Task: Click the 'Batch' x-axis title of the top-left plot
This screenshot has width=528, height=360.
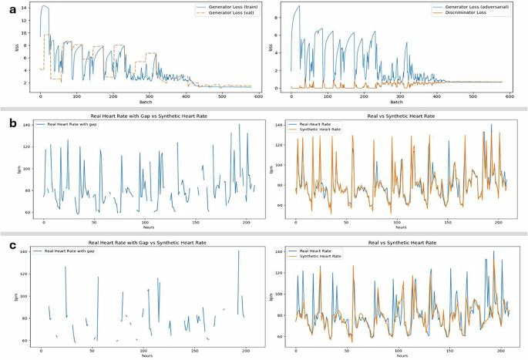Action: tap(146, 101)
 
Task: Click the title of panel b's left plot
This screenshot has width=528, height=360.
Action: tap(146, 115)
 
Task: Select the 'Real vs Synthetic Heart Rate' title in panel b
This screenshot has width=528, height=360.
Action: tap(401, 115)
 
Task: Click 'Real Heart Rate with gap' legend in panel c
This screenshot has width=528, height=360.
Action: tap(69, 251)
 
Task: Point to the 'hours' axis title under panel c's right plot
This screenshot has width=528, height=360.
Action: tap(401, 355)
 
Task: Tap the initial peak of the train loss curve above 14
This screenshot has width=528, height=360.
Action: tap(44, 6)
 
